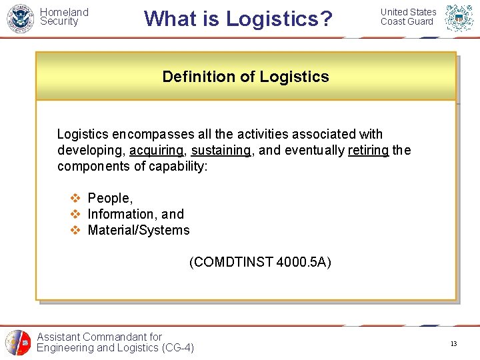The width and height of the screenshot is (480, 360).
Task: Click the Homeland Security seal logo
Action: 20,18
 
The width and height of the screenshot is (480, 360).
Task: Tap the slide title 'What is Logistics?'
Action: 238,19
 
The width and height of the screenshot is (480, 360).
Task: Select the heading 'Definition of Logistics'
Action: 245,77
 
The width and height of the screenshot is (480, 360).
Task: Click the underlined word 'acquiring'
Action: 157,151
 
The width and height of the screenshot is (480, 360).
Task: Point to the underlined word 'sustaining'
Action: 221,151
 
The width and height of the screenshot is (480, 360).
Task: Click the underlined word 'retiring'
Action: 368,151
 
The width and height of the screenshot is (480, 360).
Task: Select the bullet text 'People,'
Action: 110,198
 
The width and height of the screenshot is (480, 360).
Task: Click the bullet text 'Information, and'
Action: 135,214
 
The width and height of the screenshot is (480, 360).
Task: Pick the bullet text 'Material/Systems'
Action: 139,230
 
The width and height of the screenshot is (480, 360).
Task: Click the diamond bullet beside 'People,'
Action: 75,198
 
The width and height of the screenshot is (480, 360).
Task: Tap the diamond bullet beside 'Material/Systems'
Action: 75,230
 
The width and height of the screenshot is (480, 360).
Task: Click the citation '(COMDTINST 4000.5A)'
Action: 260,262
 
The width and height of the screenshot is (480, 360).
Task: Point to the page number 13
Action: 453,344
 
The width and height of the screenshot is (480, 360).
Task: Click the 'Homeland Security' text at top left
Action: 64,17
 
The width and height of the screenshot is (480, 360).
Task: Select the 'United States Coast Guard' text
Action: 408,17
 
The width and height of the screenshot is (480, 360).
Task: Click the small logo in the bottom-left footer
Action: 17,343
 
